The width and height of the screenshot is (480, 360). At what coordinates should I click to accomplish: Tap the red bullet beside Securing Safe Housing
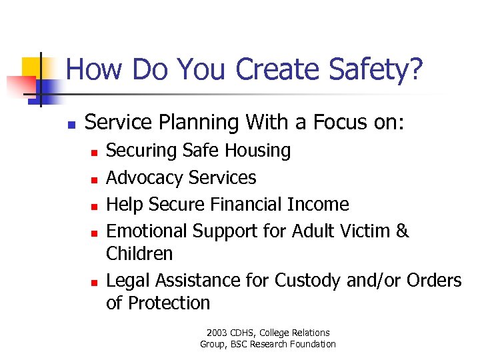tap(94, 153)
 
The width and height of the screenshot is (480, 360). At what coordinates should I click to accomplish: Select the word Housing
tap(258, 151)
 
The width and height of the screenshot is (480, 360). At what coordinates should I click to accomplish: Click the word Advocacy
tap(145, 178)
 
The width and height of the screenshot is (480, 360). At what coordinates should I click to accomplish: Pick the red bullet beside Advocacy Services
tap(94, 179)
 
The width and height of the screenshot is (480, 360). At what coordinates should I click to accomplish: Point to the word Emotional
tap(147, 231)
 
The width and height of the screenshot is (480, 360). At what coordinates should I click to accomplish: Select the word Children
tap(139, 254)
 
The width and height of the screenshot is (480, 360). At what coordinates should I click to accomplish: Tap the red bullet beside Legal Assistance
tap(94, 282)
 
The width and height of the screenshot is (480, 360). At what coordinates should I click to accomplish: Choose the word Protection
tap(169, 303)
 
